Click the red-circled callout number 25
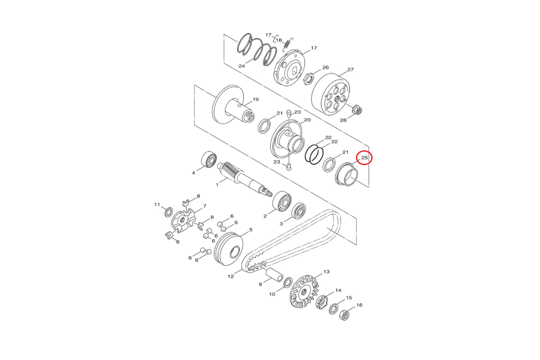click(x=364, y=157)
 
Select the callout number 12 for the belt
click(x=231, y=276)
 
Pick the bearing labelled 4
click(x=209, y=159)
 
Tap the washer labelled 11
click(x=168, y=212)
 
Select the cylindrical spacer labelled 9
click(x=274, y=274)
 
